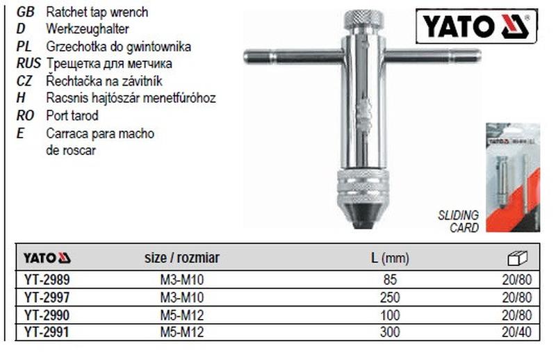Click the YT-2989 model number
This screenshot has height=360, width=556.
(x=47, y=280)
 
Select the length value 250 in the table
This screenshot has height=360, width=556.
(x=390, y=297)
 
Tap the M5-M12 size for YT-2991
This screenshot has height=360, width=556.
(x=182, y=332)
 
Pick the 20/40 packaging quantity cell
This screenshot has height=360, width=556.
(x=516, y=332)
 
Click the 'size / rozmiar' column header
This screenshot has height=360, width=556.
(x=182, y=258)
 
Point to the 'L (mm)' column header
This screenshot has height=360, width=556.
(x=390, y=259)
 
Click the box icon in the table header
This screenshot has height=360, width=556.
(x=518, y=258)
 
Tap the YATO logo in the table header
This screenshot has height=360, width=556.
(x=47, y=258)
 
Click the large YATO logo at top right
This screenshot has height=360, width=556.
(x=477, y=26)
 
